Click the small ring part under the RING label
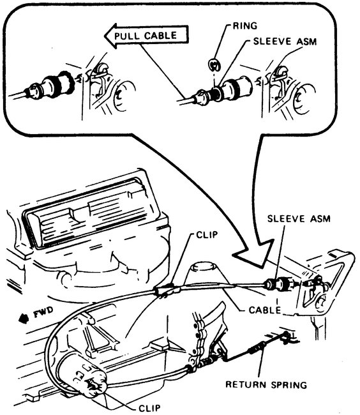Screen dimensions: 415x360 point(214,63)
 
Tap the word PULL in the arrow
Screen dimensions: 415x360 point(128,36)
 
